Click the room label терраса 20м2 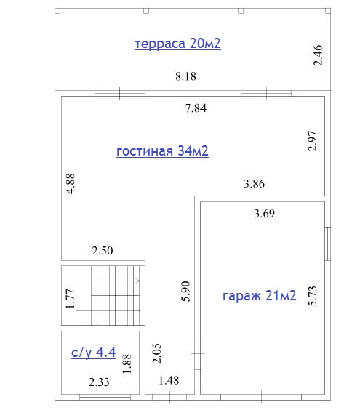tap(177, 44)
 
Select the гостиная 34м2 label tap(162, 151)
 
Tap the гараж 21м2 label tap(260, 296)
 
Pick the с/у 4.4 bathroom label tap(93, 353)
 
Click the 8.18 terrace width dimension tap(185, 76)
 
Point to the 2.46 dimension tap(318, 55)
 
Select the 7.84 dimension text tap(196, 108)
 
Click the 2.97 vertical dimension tap(313, 141)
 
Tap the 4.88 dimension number tap(71, 183)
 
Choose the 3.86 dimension tap(254, 184)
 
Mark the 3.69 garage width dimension tap(264, 214)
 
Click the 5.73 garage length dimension tap(313, 296)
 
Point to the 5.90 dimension tap(185, 292)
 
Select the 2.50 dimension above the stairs tap(103, 251)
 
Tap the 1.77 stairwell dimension tap(71, 299)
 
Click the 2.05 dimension tap(156, 353)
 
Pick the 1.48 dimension tap(169, 380)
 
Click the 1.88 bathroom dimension tap(127, 363)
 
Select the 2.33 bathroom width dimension tap(99, 382)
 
